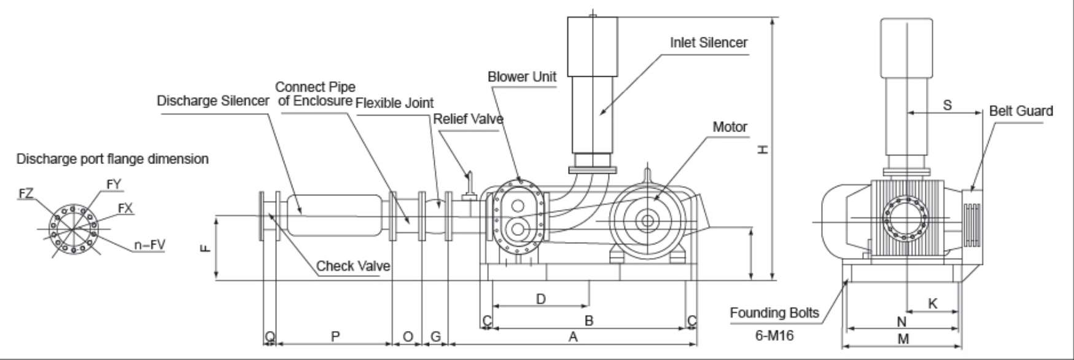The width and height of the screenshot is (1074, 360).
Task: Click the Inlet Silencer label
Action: point(709,42)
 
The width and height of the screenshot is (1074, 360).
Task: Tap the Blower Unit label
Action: point(522,77)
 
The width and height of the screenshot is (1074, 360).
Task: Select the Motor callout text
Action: point(730,127)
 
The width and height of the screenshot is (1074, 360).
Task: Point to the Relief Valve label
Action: point(468,119)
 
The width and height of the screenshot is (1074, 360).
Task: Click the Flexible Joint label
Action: point(395,103)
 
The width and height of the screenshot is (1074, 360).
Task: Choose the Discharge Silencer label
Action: point(212,100)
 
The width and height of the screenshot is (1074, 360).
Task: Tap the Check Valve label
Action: point(353,266)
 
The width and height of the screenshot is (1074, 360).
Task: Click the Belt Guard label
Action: point(1021,111)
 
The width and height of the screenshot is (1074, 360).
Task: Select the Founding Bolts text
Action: point(774,313)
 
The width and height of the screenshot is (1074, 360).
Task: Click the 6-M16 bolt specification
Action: point(774,336)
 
